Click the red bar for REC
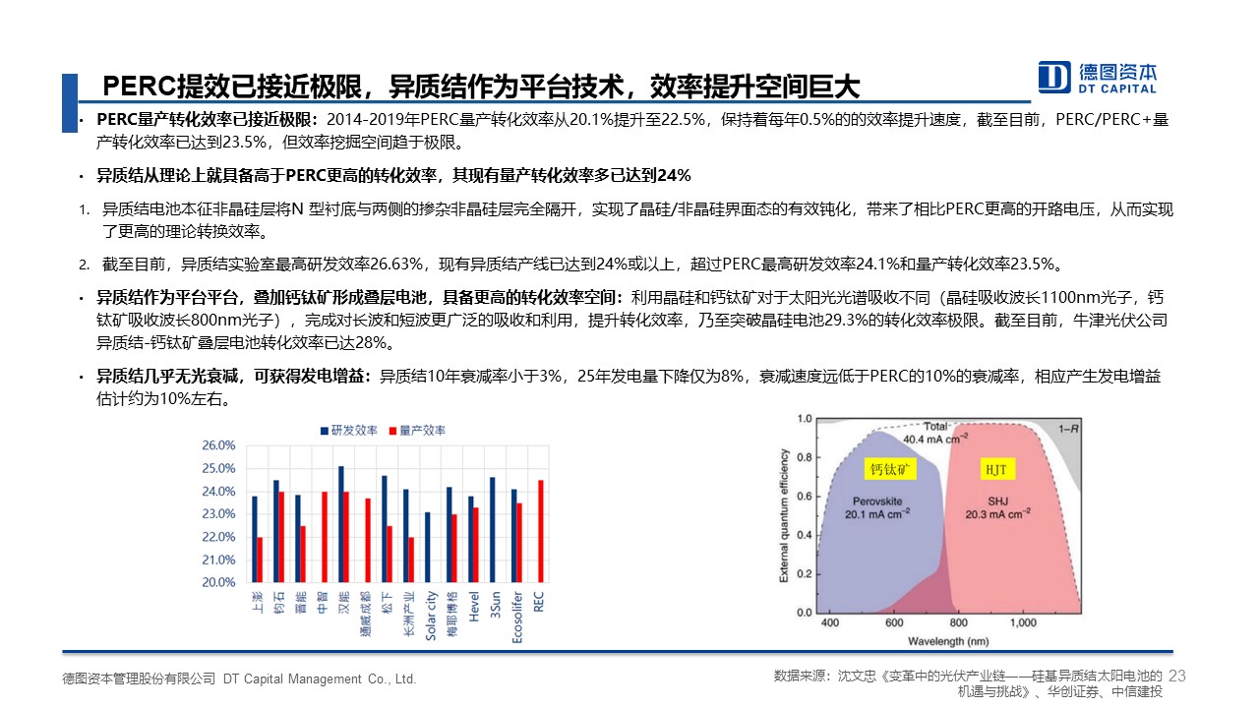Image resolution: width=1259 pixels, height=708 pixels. coord(541,531)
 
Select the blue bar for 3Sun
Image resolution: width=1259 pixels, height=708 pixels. coord(493,530)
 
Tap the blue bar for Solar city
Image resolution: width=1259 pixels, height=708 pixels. coord(428,548)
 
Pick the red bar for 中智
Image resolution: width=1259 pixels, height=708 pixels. coord(325,537)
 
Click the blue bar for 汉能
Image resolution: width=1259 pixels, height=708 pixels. coord(341,524)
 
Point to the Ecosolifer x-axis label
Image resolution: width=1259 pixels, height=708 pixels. coord(517,617)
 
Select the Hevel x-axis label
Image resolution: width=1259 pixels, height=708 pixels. coord(474,607)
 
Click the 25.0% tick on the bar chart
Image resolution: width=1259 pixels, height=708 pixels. coord(218,469)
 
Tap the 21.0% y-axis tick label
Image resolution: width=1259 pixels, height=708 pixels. coord(218,560)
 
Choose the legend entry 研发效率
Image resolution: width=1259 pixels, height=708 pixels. coord(349,431)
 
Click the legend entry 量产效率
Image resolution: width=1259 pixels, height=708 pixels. coord(418,431)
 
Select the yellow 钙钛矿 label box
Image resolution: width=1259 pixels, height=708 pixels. coord(890,469)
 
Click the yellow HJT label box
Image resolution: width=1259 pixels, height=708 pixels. coord(996,469)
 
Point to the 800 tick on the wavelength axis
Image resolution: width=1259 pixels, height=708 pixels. coord(958,622)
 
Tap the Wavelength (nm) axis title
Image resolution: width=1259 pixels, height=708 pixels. coord(948,641)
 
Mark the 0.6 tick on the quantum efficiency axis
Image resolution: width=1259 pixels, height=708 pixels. coord(805,497)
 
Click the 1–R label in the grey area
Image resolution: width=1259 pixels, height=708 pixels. coord(1068,429)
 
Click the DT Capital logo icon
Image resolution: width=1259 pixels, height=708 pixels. coord(1053,77)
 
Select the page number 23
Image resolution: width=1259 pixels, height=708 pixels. coord(1177,676)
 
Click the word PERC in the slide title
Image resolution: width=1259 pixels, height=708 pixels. coord(140,87)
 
